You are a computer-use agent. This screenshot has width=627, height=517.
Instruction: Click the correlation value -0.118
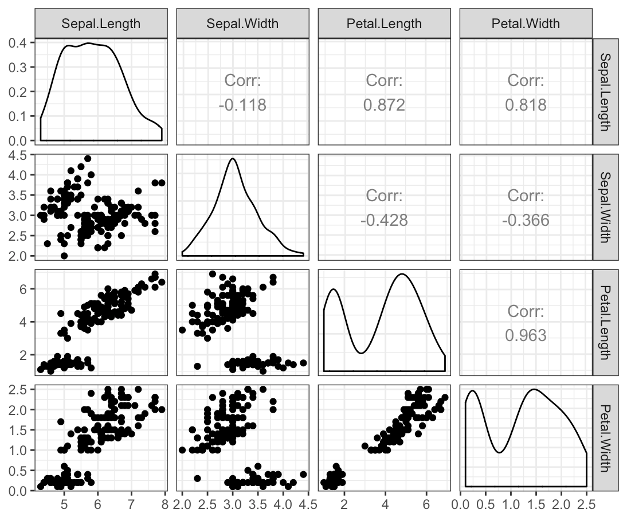coord(242,105)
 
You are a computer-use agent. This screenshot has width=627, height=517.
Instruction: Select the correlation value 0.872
coord(384,105)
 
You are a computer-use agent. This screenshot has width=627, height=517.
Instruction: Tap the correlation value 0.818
coord(526,105)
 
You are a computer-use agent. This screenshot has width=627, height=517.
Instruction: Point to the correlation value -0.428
coord(384,220)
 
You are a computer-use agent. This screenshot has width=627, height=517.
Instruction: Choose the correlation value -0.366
coord(526,220)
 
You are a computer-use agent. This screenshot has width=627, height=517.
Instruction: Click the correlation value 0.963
coord(526,335)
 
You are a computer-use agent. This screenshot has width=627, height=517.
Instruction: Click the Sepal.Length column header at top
coord(101,23)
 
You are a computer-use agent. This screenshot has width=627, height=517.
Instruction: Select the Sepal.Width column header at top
coord(242,23)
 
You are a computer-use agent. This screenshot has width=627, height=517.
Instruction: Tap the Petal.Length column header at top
coord(384,23)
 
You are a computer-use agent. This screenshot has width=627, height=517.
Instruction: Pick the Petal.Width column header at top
coord(526,23)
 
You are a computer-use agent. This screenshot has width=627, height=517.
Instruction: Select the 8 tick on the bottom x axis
coord(165,504)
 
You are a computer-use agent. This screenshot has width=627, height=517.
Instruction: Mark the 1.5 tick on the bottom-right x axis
coord(535,504)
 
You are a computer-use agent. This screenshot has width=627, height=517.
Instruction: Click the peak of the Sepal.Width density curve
coord(232,159)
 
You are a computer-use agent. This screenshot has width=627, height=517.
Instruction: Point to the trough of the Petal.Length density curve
coord(360,353)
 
